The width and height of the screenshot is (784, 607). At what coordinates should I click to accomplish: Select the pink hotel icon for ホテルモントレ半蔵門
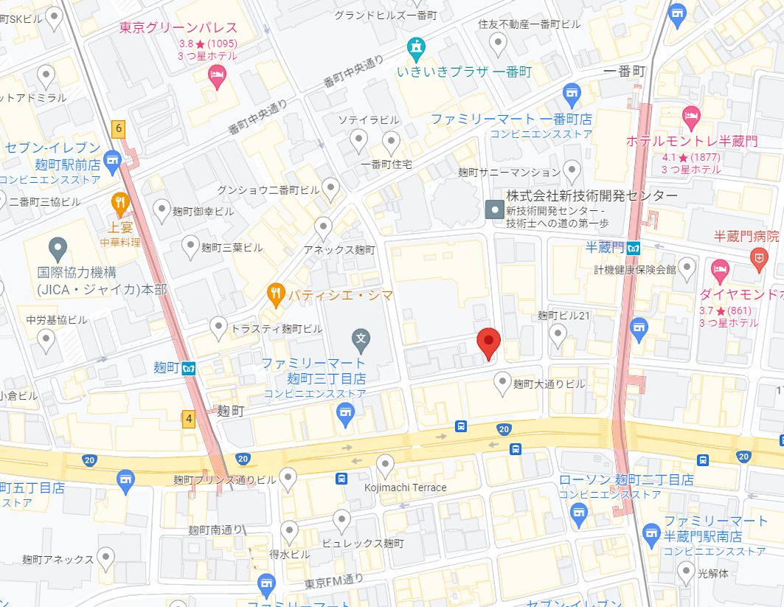(x=691, y=115)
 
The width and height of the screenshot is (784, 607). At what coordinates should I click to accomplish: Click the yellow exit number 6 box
(x=118, y=128)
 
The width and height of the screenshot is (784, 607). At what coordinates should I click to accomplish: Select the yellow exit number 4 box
(x=190, y=420)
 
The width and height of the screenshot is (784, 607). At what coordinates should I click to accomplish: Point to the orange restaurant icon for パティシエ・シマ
(x=277, y=295)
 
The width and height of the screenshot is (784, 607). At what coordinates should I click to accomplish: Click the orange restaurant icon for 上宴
(x=120, y=201)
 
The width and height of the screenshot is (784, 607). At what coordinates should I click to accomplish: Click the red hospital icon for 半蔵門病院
(x=757, y=257)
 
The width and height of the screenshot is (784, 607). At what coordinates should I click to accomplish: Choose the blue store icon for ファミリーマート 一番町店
(x=571, y=94)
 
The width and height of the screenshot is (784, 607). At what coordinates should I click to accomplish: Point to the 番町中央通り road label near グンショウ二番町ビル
(x=257, y=119)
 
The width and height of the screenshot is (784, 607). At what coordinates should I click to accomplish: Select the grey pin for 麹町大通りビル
(x=503, y=382)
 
